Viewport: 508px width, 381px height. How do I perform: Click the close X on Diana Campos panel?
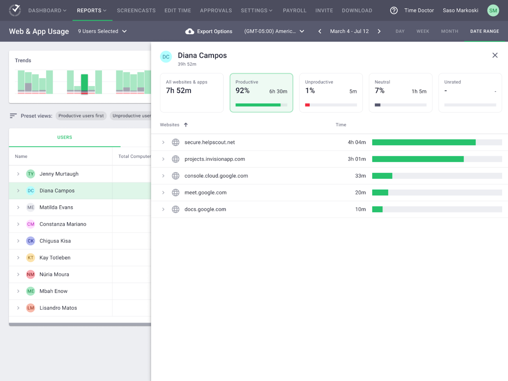[495, 55]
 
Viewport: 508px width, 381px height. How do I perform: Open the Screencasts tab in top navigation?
[136, 11]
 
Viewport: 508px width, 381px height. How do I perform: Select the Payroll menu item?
[294, 11]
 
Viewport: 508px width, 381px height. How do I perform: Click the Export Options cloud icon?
[190, 31]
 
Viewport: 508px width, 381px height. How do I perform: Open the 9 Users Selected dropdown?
[102, 31]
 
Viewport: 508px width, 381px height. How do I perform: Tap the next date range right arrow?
[379, 31]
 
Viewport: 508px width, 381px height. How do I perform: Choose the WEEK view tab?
[422, 31]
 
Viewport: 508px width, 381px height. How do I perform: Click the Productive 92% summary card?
[261, 93]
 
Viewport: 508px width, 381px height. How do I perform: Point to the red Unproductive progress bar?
[307, 105]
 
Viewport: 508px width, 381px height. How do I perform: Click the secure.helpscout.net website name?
[209, 142]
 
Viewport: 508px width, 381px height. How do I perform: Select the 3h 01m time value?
[357, 159]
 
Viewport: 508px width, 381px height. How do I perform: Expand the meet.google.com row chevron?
[163, 192]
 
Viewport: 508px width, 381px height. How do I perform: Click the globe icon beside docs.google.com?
[176, 209]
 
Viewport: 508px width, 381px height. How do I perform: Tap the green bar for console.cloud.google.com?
[382, 176]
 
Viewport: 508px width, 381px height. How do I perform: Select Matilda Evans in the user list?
[56, 207]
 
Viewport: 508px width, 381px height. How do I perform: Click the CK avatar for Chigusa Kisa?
[31, 241]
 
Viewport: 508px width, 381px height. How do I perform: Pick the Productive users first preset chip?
[81, 116]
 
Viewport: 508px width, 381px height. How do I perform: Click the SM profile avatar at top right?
[493, 11]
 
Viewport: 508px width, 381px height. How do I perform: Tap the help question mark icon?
[394, 11]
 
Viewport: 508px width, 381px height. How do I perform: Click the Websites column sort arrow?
[186, 125]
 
